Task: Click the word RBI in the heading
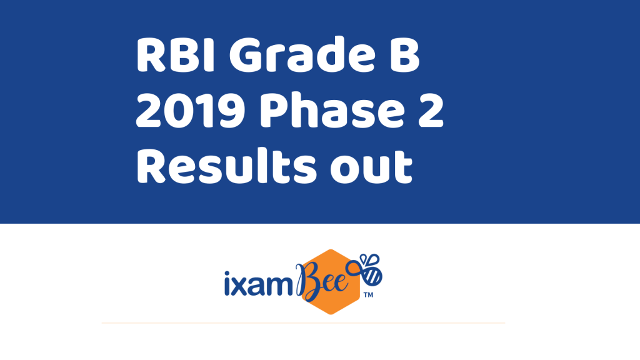coord(176,55)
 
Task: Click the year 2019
coord(191,110)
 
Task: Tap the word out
coord(371,166)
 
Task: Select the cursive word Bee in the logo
coord(322,282)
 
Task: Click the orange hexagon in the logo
coord(331,282)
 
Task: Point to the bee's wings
coord(369,259)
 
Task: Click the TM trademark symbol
coord(368,295)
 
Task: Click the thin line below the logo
coord(303,323)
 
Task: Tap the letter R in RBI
coord(151,55)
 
